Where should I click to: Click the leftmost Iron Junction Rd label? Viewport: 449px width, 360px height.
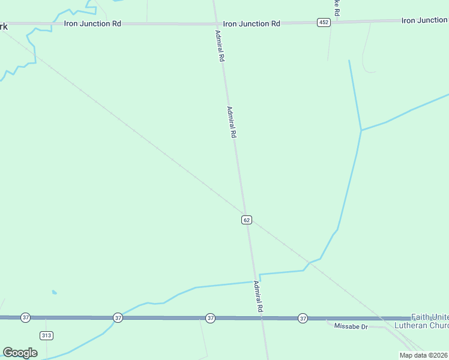(92, 23)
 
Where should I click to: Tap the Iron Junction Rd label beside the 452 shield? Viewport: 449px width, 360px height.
(252, 23)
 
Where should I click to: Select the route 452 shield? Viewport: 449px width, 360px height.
(324, 22)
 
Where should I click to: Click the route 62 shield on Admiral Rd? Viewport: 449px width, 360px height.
(247, 220)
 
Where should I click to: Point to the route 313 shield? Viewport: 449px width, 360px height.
(46, 334)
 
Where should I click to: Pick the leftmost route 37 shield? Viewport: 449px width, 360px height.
(25, 317)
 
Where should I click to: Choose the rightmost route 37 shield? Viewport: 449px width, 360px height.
(303, 317)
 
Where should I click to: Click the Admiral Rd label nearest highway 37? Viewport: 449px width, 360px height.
(259, 296)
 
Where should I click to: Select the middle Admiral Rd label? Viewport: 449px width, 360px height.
(231, 122)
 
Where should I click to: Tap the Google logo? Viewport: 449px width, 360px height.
(20, 353)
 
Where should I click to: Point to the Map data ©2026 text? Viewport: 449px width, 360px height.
(424, 355)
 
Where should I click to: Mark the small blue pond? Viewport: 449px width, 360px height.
(55, 292)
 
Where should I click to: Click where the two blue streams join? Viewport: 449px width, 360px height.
(361, 130)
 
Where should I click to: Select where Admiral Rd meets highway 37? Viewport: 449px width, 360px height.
(262, 317)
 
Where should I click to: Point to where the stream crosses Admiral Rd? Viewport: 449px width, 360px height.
(256, 281)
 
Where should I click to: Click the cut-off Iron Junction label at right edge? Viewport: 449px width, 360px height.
(424, 20)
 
